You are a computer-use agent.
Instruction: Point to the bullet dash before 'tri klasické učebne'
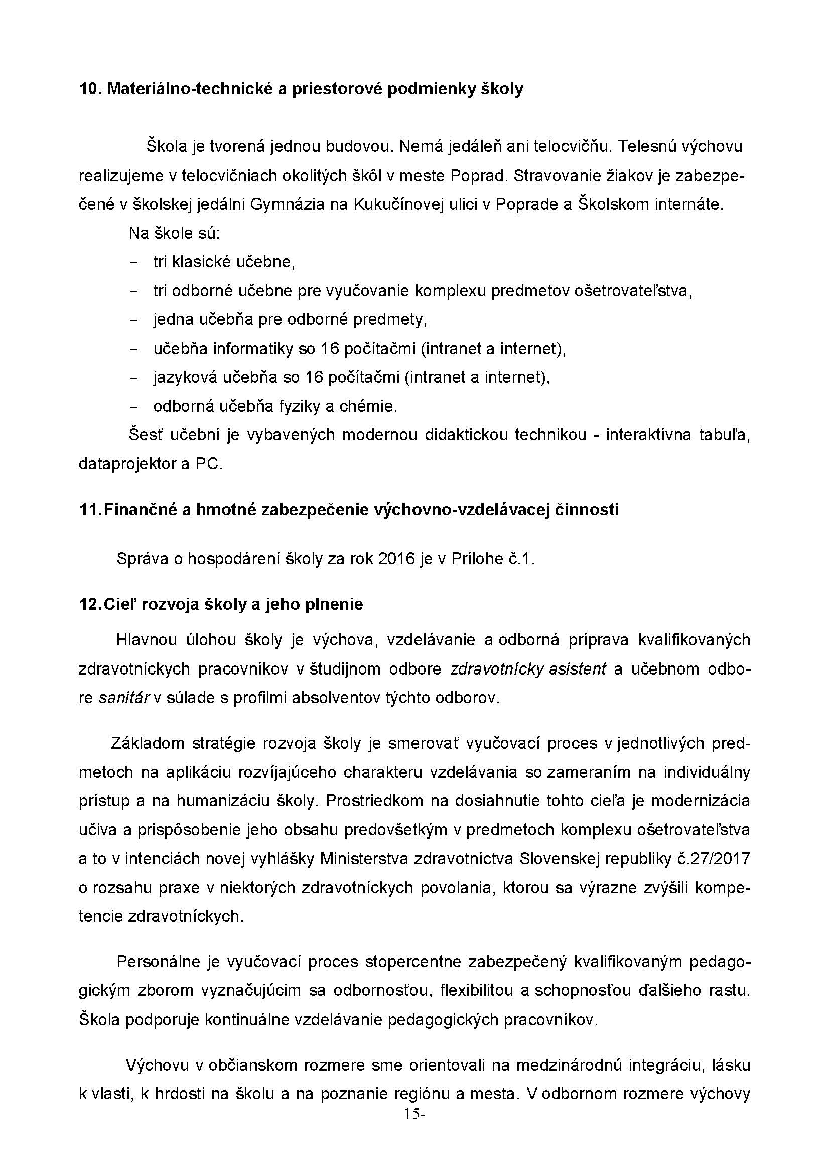pos(134,263)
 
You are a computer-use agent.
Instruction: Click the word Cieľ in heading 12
pos(119,604)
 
